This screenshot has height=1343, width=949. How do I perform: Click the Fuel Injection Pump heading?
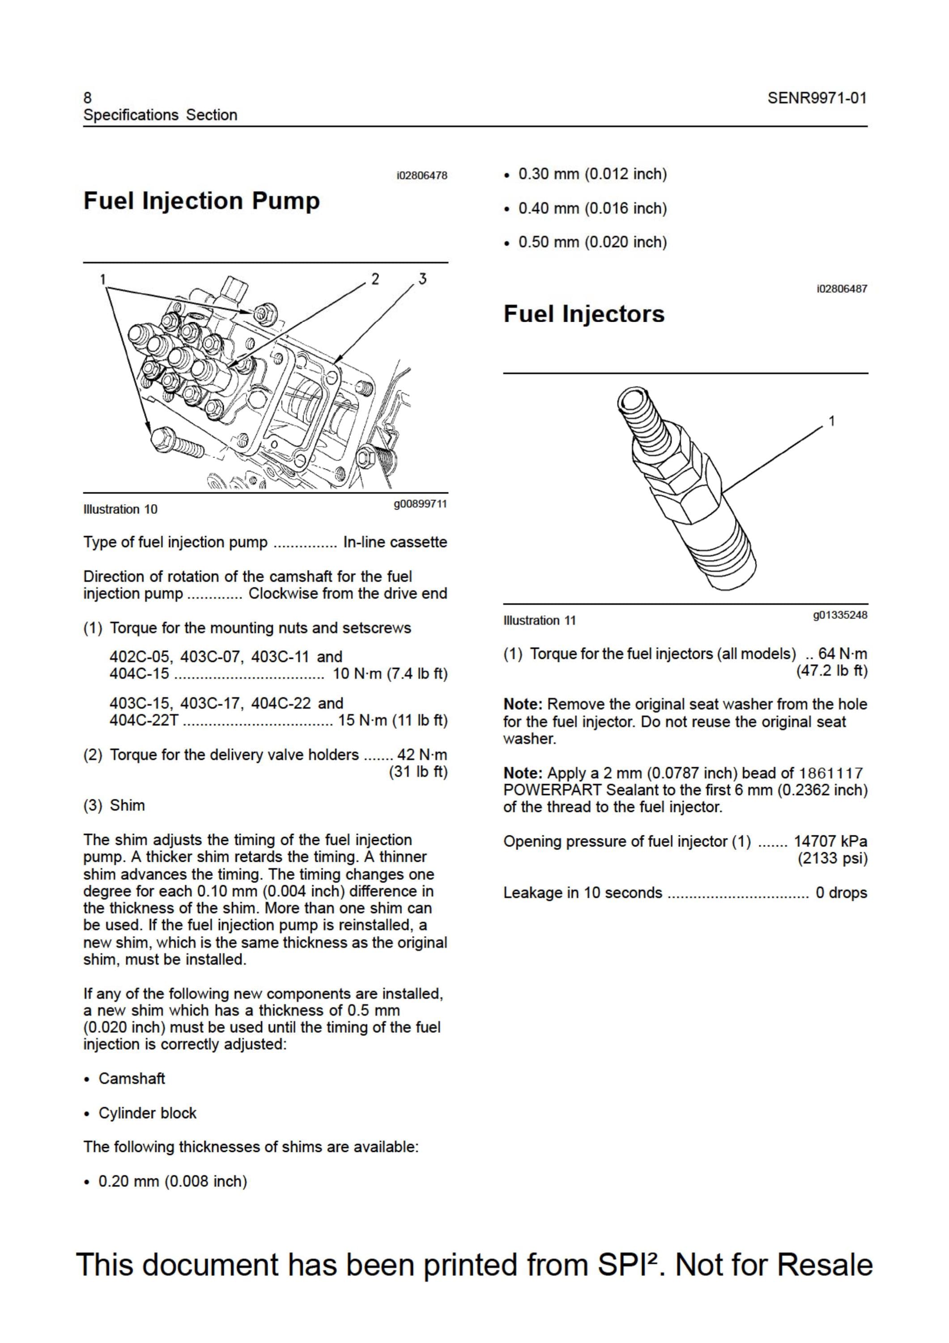(x=202, y=201)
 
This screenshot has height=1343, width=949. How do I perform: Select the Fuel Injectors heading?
(x=584, y=314)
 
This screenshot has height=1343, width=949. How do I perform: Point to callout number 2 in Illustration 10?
(x=375, y=278)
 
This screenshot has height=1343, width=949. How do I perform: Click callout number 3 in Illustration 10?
(x=422, y=278)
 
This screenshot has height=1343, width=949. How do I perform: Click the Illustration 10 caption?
(x=120, y=509)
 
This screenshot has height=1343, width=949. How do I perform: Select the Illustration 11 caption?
(x=540, y=620)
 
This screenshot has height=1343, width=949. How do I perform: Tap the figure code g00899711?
(x=421, y=504)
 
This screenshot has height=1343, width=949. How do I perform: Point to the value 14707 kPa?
(x=830, y=841)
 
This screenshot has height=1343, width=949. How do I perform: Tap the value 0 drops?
(x=842, y=893)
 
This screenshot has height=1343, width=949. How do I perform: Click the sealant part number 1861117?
(x=831, y=773)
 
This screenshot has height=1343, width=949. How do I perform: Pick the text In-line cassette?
(x=395, y=542)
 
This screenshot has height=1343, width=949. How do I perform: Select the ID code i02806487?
(x=842, y=289)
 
